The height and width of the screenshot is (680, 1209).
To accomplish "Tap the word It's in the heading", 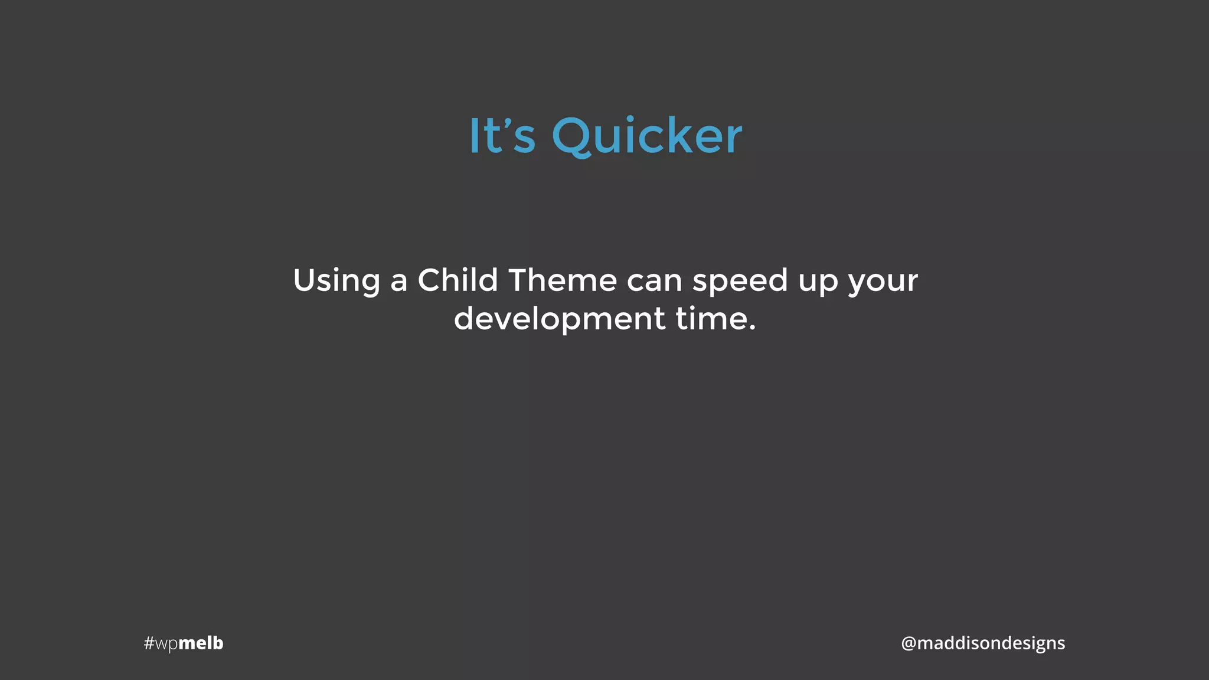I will [502, 136].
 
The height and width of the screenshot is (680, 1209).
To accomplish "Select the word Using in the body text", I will [336, 280].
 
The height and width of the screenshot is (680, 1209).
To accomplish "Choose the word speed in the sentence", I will [740, 282].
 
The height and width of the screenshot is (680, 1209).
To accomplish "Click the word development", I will [560, 319].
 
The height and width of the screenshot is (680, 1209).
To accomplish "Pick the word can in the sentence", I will [654, 281].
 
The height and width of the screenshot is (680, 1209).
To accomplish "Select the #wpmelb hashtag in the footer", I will [184, 643].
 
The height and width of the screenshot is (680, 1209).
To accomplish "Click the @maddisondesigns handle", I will [983, 643].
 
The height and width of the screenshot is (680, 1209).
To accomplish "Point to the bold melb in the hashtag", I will [201, 642].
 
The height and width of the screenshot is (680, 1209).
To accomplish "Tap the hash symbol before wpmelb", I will [149, 643].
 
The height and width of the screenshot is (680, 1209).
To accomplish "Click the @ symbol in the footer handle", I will [908, 643].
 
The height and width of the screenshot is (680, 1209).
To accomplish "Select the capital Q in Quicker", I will [571, 136].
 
